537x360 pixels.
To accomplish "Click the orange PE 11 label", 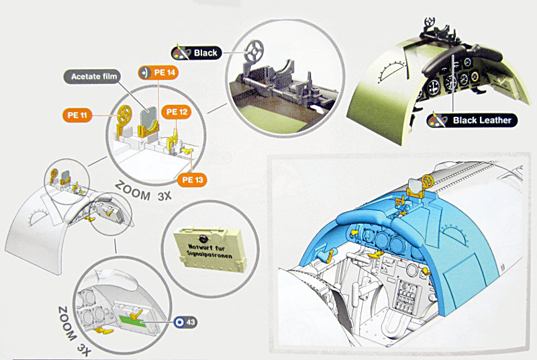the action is (77, 115).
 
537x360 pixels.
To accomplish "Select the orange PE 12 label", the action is (177, 112).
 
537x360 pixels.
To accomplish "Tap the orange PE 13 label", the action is (192, 180).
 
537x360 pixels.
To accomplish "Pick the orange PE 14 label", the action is (158, 73).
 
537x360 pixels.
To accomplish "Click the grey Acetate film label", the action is (93, 77).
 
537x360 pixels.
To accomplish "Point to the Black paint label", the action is (197, 53).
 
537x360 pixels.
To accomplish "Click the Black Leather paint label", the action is (472, 120).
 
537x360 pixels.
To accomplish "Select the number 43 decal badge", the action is (185, 322).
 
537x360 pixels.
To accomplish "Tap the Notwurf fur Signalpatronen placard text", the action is (209, 251).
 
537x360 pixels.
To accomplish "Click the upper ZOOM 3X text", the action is (143, 191).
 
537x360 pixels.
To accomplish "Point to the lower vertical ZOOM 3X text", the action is (75, 330).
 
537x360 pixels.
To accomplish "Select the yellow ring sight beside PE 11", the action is (124, 114).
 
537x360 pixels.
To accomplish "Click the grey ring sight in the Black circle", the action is (254, 50).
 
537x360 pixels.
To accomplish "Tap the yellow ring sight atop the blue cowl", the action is (427, 181).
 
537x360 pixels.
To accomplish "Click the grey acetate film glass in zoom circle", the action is (149, 117).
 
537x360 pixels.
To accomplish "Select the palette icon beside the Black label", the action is (182, 52).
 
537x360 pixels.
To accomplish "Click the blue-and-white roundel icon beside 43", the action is (179, 322).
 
